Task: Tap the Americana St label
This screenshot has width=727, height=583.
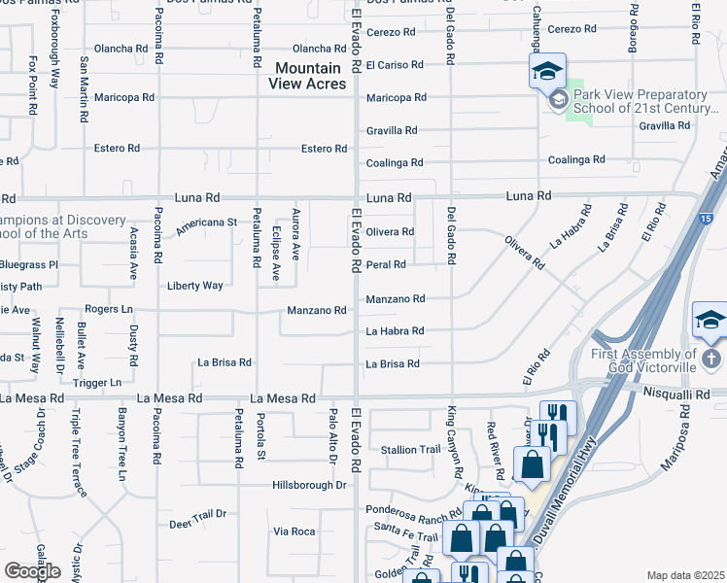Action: pyautogui.click(x=206, y=226)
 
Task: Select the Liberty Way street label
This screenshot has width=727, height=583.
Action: pyautogui.click(x=195, y=286)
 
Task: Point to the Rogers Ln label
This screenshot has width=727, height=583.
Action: pyautogui.click(x=108, y=310)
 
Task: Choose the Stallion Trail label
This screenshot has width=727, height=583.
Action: pyautogui.click(x=411, y=450)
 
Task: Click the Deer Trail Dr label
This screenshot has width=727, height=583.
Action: pyautogui.click(x=197, y=514)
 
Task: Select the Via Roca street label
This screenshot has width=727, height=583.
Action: pyautogui.click(x=294, y=532)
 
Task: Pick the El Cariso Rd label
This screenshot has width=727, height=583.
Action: pyautogui.click(x=395, y=65)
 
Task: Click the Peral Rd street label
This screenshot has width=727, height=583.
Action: pyautogui.click(x=386, y=264)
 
